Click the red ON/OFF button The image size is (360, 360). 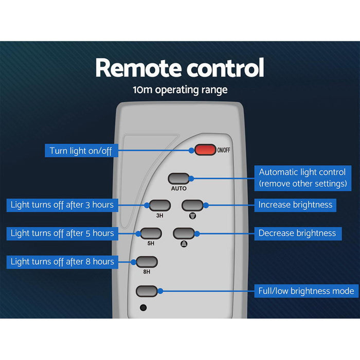coord(205,150)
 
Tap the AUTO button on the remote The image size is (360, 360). coord(179,178)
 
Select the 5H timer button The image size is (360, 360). coord(151,233)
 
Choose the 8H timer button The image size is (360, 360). coord(147,261)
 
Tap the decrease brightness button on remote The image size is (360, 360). coord(184,233)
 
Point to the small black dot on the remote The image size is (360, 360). coord(143,308)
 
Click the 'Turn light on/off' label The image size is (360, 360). coord(81,151)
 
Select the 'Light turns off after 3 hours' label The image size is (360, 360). coord(62,205)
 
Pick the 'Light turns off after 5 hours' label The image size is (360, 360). coord(62,233)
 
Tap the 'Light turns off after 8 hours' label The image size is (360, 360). coord(62,262)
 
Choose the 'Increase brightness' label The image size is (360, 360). coord(295,205)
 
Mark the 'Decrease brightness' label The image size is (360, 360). coord(297,233)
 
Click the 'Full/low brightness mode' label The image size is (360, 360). coord(305,291)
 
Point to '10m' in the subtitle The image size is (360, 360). coord(140,90)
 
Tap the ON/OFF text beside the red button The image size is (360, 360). coord(224,150)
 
